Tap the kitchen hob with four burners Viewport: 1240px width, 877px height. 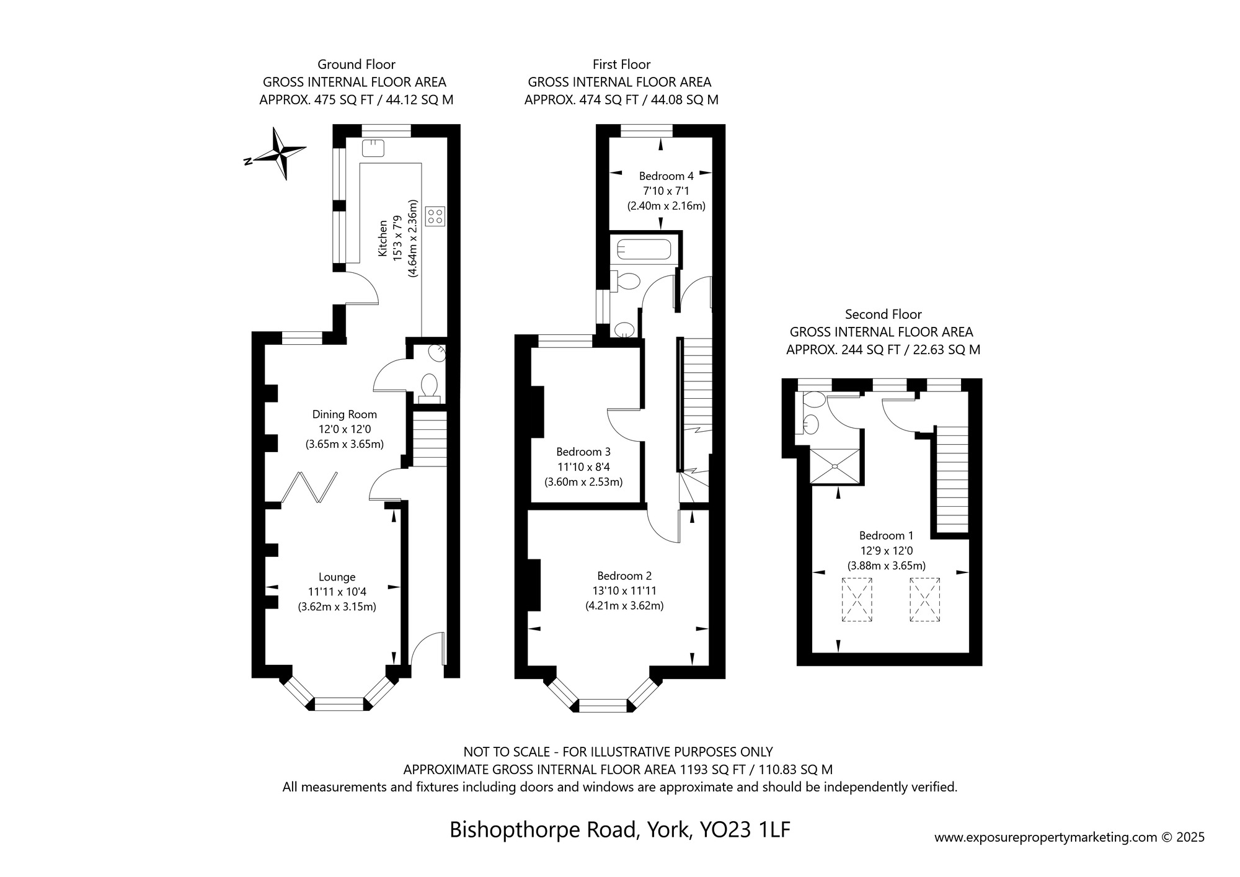click(435, 216)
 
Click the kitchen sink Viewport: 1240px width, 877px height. click(373, 148)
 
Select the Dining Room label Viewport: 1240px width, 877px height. click(345, 414)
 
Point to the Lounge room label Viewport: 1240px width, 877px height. click(337, 577)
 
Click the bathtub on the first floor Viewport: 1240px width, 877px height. click(643, 250)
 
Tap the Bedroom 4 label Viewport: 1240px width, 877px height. click(666, 176)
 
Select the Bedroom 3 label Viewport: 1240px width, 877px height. click(583, 452)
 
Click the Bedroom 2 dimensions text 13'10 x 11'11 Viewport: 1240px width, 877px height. click(624, 591)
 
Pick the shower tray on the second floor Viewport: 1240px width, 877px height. click(835, 466)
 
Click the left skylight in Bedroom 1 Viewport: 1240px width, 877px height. click(857, 599)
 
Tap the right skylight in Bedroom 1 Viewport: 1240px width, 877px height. click(925, 599)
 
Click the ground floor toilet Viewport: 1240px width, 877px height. click(428, 385)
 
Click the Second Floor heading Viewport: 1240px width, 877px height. click(883, 314)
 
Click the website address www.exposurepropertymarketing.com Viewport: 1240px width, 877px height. click(1046, 837)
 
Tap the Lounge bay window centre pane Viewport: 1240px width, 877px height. click(339, 703)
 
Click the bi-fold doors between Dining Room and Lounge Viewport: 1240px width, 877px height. click(309, 488)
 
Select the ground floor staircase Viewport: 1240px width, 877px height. click(430, 439)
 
